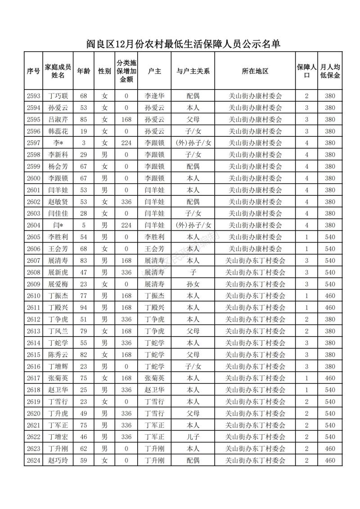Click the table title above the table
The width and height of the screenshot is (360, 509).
click(183, 44)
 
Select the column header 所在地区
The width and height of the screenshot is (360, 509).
click(255, 71)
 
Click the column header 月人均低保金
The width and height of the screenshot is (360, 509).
click(330, 71)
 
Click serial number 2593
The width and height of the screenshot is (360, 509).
click(34, 96)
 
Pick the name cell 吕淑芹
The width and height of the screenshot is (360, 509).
click(58, 119)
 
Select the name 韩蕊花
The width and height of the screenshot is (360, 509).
click(58, 131)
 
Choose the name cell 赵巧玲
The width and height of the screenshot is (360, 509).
click(58, 460)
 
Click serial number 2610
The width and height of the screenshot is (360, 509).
click(34, 296)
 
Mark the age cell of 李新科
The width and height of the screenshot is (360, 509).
click(83, 154)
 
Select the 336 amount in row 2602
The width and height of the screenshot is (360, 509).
click(126, 202)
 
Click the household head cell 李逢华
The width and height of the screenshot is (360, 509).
click(154, 96)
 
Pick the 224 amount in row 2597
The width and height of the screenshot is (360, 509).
click(126, 143)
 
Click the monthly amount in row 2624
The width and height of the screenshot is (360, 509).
click(330, 460)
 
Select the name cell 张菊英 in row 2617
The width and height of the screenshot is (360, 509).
click(58, 378)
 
